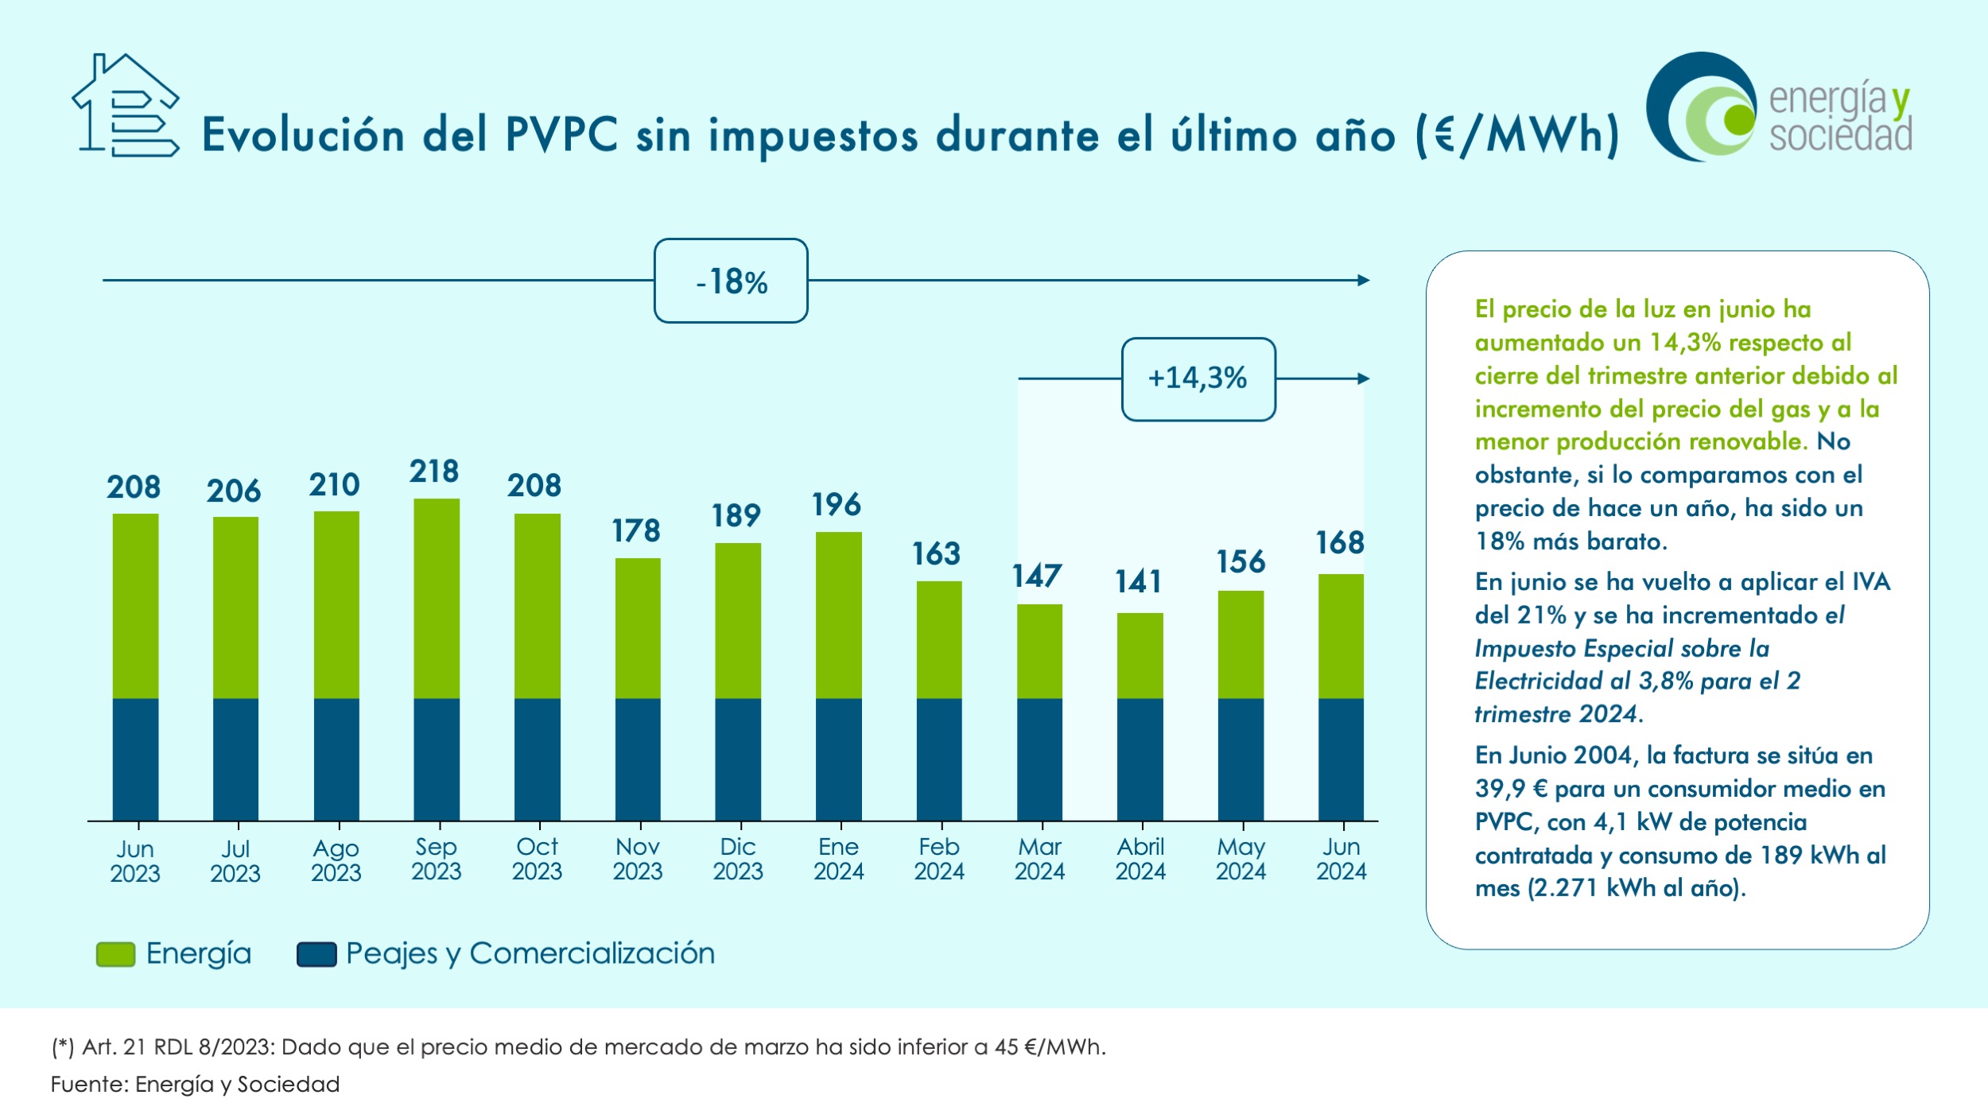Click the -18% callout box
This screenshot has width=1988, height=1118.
coord(731,281)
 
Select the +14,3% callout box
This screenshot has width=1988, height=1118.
coord(1198,379)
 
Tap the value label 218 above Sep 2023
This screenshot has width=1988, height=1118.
coord(434,472)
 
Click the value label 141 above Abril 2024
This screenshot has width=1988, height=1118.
coord(1138,582)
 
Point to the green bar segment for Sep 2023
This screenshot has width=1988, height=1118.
coord(437,598)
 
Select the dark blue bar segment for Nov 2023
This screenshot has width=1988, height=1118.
coord(638,759)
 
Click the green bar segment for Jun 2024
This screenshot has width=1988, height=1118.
coord(1341,636)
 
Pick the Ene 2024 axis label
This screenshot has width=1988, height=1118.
coord(839,860)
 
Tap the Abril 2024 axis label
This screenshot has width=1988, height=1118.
coord(1140,860)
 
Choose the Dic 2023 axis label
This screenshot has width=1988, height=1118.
coord(738,860)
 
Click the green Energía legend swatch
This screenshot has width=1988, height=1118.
coord(115,954)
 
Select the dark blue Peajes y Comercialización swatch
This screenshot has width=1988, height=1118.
coord(316,954)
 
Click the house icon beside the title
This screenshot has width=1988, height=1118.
coord(126,105)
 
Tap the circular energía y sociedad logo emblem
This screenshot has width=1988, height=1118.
coord(1702,107)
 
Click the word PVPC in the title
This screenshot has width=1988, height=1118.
coord(561,134)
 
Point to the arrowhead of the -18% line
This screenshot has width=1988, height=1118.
coord(1365,280)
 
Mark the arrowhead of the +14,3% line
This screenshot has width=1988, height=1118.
coord(1365,378)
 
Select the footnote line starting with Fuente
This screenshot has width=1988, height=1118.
coord(196,1085)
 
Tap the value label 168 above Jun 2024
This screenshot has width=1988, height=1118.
coord(1340,543)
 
